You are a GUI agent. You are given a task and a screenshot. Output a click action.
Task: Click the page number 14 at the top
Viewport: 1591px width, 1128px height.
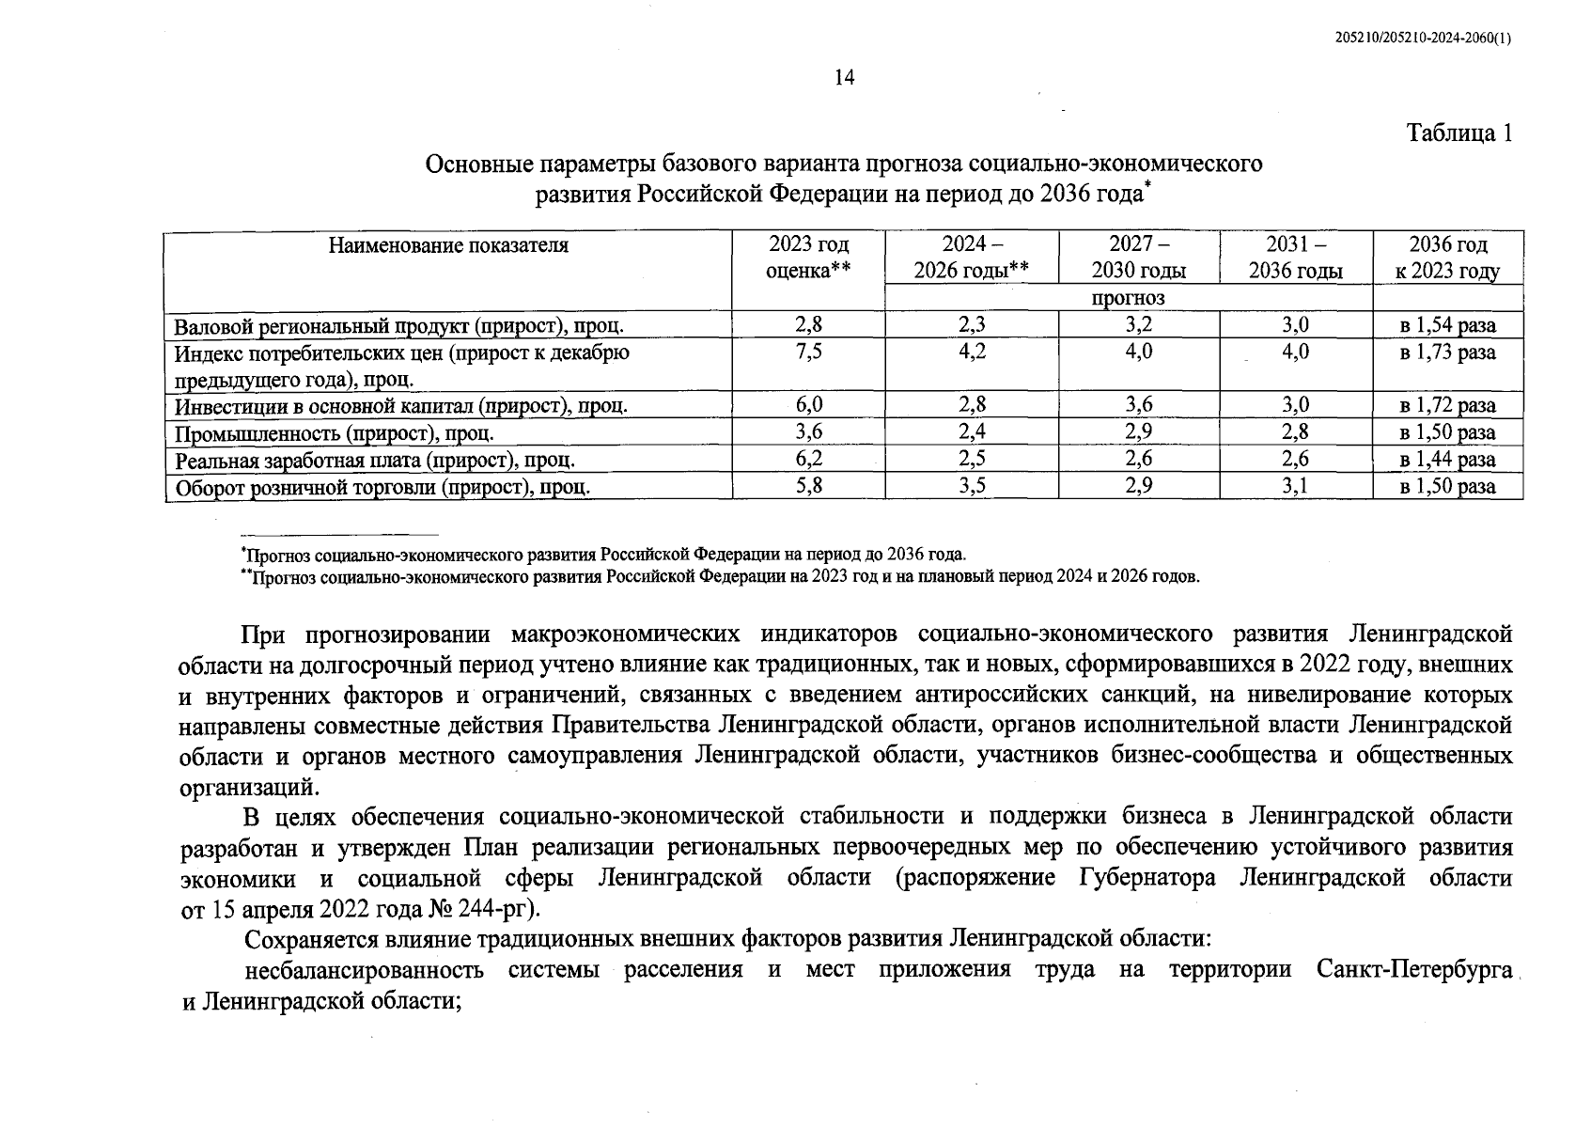click(x=844, y=79)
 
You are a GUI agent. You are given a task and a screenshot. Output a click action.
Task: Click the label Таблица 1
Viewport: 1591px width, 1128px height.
click(x=1459, y=133)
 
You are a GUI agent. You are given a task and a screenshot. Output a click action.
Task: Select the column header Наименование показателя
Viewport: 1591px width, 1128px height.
click(x=448, y=246)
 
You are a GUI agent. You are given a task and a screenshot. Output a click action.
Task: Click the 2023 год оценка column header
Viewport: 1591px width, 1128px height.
click(x=808, y=258)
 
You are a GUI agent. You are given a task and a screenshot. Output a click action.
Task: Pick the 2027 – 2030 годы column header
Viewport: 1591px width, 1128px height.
click(x=1138, y=258)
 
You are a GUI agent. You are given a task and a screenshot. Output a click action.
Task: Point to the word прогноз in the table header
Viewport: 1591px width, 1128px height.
click(x=1128, y=298)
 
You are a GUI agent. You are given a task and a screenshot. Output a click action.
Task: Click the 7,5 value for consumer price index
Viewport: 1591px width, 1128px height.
click(x=808, y=352)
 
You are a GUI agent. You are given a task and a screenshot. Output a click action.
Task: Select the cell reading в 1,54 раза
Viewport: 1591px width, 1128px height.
click(x=1447, y=326)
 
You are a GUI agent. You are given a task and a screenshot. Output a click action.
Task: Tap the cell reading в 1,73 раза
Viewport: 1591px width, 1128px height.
click(x=1447, y=352)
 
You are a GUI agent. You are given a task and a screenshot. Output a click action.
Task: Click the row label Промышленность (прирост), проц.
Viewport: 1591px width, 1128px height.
click(x=335, y=433)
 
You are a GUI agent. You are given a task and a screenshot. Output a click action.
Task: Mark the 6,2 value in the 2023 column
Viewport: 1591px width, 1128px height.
click(x=808, y=460)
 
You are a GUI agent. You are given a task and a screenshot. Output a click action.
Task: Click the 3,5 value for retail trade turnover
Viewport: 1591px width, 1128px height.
click(x=972, y=487)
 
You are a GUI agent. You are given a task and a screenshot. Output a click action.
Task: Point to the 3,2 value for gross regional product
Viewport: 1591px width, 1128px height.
click(x=1138, y=326)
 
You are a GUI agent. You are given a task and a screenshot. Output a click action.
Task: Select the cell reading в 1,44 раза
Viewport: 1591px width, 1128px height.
click(x=1447, y=460)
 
